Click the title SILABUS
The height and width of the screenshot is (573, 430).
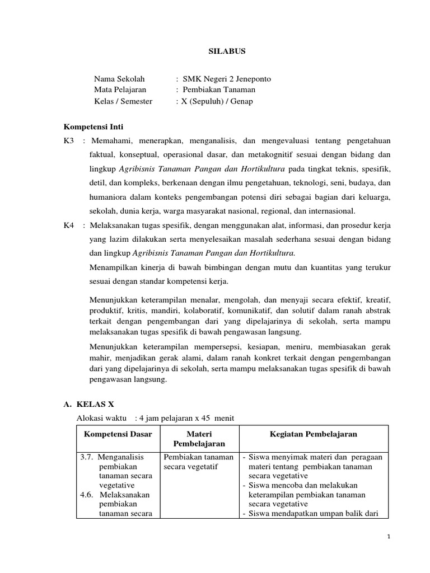click(223, 51)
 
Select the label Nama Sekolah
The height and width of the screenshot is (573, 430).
click(119, 79)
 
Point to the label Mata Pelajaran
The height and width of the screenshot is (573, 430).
click(120, 90)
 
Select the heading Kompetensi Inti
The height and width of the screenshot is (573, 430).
click(94, 126)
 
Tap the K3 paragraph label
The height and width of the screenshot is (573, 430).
click(69, 140)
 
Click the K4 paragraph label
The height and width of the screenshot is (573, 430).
click(69, 226)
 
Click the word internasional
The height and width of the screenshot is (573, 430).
click(331, 211)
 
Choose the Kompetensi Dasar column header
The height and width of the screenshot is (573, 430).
click(118, 435)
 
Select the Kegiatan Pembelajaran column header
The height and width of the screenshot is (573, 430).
click(313, 435)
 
